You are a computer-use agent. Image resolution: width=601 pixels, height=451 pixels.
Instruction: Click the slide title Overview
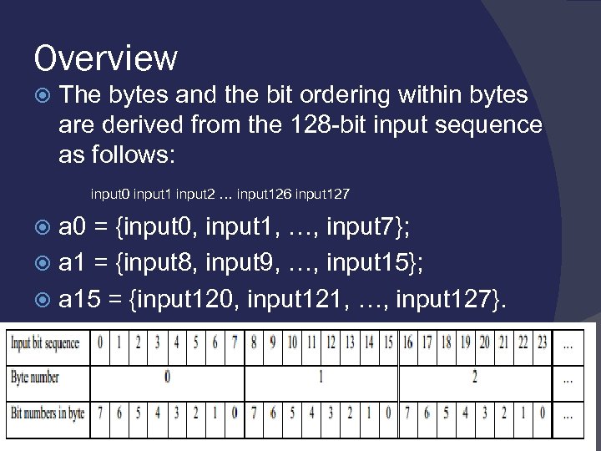pos(106,58)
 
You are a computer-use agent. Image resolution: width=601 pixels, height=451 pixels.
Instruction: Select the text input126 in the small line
pos(264,195)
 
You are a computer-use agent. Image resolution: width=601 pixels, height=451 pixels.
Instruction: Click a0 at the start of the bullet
pos(75,228)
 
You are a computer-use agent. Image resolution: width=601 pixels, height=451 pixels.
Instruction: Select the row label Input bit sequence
pos(46,343)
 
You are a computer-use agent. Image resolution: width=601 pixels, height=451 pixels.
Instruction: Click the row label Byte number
pos(35,377)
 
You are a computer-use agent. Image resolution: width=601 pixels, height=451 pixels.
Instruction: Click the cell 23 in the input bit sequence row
pos(542,343)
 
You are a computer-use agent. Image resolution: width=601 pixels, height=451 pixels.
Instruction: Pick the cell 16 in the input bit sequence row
pos(407,343)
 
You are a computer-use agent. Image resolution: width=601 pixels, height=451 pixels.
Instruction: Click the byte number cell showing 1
pos(321,377)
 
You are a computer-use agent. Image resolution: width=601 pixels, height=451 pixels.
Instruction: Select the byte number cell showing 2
pos(475,377)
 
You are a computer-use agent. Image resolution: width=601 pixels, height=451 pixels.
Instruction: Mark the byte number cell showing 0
pos(168,377)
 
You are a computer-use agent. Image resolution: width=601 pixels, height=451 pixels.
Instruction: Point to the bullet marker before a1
pos(47,265)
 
